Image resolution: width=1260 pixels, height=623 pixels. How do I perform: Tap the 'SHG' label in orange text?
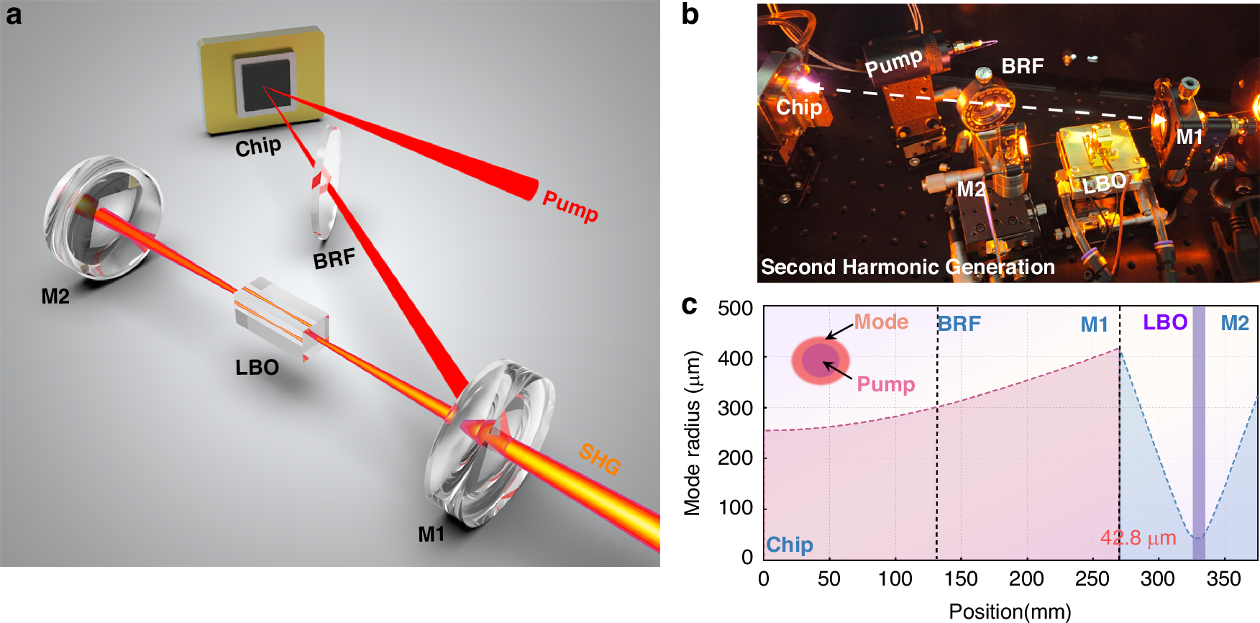click(x=600, y=458)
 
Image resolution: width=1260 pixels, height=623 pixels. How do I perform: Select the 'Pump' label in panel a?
click(x=570, y=206)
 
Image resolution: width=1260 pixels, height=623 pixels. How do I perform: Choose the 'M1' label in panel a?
click(x=432, y=535)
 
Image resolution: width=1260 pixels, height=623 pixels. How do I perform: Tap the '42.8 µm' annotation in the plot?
click(x=1138, y=538)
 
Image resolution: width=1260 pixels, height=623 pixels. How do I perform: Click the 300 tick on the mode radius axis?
click(x=735, y=408)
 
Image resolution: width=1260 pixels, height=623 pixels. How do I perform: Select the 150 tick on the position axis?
click(x=961, y=579)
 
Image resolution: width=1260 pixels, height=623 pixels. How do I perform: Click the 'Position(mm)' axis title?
click(x=1010, y=611)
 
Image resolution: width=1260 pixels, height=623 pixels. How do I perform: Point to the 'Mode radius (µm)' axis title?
click(x=692, y=433)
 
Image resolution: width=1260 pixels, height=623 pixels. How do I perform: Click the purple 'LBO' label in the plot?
click(x=1165, y=322)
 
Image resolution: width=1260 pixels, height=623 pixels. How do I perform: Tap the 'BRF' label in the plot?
click(x=960, y=324)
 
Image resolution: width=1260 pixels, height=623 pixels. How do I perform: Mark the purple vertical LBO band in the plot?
click(x=1199, y=432)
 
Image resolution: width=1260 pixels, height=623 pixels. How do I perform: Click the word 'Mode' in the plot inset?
click(x=881, y=322)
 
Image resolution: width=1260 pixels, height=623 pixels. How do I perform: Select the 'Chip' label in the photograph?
click(x=799, y=108)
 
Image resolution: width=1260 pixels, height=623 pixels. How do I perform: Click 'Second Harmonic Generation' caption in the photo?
click(x=908, y=268)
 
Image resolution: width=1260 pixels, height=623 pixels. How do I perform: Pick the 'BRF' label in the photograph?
click(x=1022, y=67)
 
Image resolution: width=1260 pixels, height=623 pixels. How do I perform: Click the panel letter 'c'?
click(x=689, y=306)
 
